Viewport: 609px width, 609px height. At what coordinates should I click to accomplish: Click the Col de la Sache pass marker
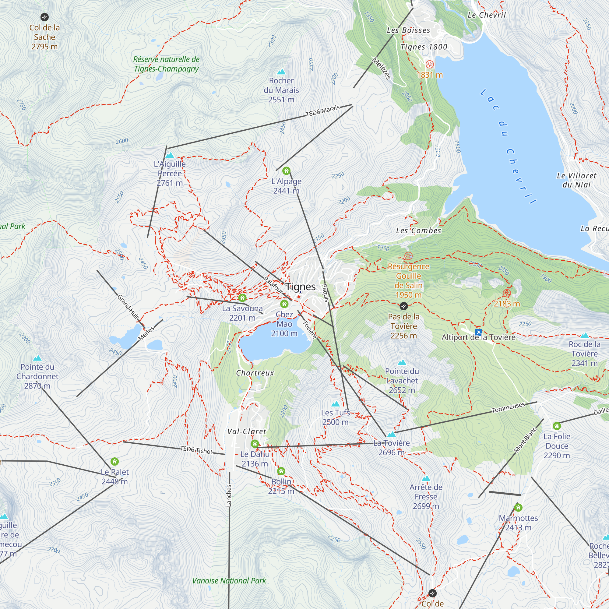pyautogui.click(x=44, y=17)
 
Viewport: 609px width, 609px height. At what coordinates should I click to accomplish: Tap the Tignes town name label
pyautogui.click(x=301, y=287)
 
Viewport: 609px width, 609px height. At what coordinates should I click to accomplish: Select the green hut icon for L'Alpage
pyautogui.click(x=286, y=171)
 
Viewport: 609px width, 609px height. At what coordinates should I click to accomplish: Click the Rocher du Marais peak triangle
pyautogui.click(x=281, y=72)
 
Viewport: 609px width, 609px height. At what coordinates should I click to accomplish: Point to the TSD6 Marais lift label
pyautogui.click(x=323, y=111)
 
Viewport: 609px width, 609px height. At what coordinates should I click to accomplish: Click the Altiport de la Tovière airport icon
pyautogui.click(x=478, y=332)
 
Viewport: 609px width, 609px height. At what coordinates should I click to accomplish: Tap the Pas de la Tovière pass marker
pyautogui.click(x=403, y=306)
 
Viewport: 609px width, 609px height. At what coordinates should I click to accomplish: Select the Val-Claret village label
pyautogui.click(x=247, y=431)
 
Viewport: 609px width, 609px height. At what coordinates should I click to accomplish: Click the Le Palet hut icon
pyautogui.click(x=114, y=462)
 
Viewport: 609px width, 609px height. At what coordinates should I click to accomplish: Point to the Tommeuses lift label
pyautogui.click(x=508, y=408)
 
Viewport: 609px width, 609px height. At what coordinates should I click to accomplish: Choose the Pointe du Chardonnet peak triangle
pyautogui.click(x=37, y=358)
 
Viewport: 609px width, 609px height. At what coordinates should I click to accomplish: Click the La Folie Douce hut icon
pyautogui.click(x=557, y=426)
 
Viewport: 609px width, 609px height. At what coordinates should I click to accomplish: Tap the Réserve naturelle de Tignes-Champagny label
pyautogui.click(x=166, y=64)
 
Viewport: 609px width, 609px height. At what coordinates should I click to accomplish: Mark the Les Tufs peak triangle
pyautogui.click(x=335, y=404)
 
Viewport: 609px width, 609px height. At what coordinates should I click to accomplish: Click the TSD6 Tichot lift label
pyautogui.click(x=196, y=450)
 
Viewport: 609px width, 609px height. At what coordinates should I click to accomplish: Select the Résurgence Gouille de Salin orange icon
pyautogui.click(x=408, y=256)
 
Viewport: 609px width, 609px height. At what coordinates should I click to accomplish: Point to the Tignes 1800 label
pyautogui.click(x=424, y=47)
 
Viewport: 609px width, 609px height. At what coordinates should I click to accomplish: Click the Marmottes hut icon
pyautogui.click(x=518, y=508)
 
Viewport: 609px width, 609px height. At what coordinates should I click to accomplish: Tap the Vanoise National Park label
pyautogui.click(x=229, y=581)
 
